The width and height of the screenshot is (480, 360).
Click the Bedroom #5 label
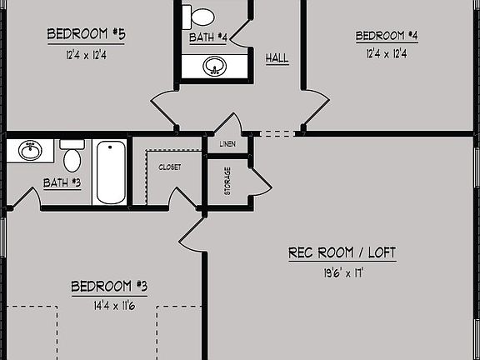(87, 34)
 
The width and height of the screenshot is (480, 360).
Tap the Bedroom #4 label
(386, 36)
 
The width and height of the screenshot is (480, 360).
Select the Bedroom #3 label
(109, 287)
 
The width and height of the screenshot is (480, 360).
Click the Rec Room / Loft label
(342, 252)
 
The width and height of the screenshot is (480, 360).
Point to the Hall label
(277, 58)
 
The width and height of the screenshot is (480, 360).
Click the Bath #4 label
(208, 37)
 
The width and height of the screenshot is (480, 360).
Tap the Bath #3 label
(62, 182)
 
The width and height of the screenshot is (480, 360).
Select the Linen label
(227, 144)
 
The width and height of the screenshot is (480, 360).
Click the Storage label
(227, 182)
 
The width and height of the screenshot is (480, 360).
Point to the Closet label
(169, 167)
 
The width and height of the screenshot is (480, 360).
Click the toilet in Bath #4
(200, 15)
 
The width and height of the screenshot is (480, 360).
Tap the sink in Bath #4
(214, 66)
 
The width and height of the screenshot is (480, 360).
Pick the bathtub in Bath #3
(110, 172)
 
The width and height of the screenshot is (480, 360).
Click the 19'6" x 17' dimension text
(342, 272)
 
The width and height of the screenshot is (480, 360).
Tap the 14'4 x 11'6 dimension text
(109, 306)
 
